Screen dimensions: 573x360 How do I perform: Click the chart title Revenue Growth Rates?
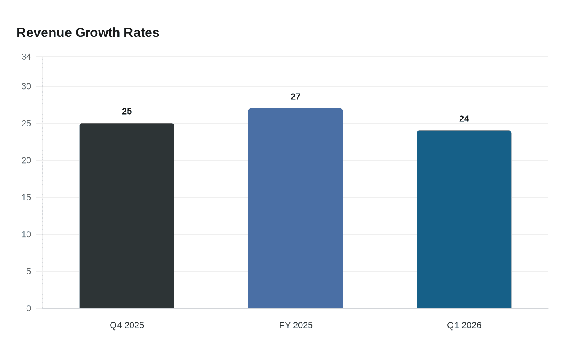(x=88, y=33)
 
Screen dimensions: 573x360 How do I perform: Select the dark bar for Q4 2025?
(x=127, y=216)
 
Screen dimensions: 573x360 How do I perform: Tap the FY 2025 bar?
(x=296, y=208)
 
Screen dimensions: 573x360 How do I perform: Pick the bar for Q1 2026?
(x=464, y=219)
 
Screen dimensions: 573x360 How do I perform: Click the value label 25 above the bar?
(x=127, y=111)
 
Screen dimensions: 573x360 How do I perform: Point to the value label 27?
(x=296, y=97)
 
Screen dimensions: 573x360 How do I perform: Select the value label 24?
(x=464, y=119)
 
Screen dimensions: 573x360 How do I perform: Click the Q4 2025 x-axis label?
(x=127, y=325)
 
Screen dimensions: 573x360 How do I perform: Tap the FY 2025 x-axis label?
(x=296, y=325)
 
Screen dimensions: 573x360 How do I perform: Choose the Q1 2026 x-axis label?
(x=464, y=325)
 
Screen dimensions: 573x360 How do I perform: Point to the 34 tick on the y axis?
(x=26, y=57)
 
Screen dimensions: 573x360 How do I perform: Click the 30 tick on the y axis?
(x=26, y=86)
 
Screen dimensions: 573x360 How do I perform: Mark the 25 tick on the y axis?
(x=26, y=124)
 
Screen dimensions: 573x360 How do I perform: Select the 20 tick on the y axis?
(x=26, y=160)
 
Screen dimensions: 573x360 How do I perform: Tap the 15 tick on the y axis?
(x=26, y=197)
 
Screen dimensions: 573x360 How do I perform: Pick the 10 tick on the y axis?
(x=26, y=234)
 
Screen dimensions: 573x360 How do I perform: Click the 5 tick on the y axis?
(x=29, y=271)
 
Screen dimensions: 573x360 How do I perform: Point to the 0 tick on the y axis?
(x=29, y=308)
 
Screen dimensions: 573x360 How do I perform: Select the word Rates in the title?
(x=142, y=33)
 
